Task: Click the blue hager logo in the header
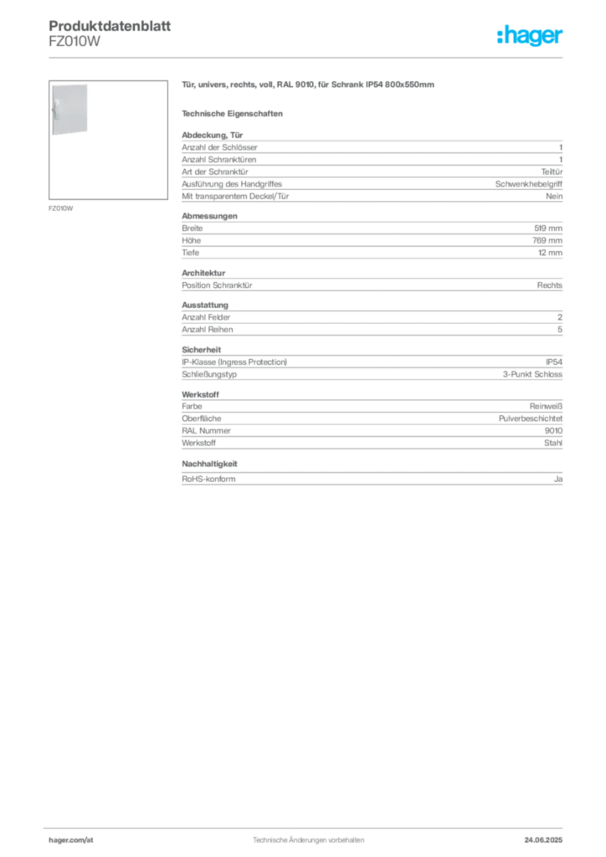tap(532, 37)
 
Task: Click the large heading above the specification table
tap(307, 86)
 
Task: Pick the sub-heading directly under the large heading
tap(234, 113)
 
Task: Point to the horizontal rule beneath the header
tap(307, 56)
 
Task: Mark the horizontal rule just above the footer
tap(307, 827)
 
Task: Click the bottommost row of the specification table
tap(371, 480)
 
